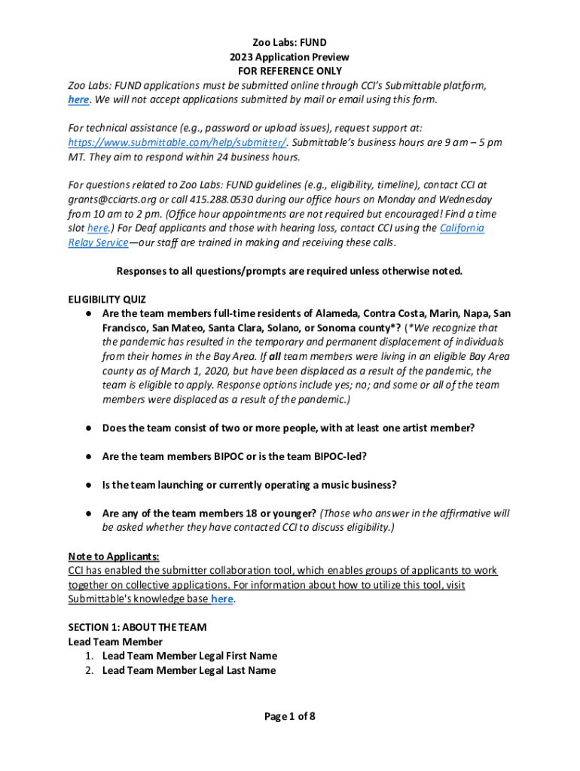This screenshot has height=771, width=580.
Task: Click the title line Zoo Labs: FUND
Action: point(290,42)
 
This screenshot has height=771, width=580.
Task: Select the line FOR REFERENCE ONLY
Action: point(290,71)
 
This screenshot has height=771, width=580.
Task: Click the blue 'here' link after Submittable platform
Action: point(78,99)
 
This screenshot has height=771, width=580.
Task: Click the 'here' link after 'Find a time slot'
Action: point(97,228)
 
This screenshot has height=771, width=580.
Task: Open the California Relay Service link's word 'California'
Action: point(462,228)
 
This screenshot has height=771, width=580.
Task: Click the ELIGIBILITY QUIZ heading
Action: point(107,299)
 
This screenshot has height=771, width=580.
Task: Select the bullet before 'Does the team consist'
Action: point(88,428)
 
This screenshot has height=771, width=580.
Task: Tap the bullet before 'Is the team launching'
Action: point(88,485)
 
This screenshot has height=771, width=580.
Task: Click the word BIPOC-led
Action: point(341,456)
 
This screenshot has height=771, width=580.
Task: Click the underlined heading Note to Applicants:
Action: point(114,556)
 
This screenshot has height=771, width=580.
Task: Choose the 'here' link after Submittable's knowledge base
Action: point(221,599)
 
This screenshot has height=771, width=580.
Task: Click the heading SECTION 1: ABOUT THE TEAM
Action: point(137,627)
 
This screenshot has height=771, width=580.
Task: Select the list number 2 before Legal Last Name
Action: point(90,670)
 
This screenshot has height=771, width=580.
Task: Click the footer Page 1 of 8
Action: point(289,716)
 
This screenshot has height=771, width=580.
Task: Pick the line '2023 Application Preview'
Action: point(290,56)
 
